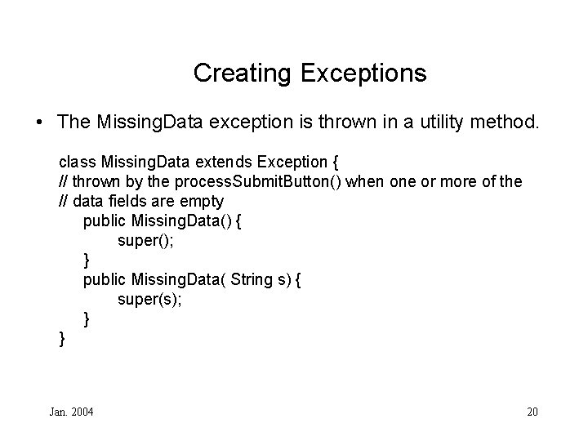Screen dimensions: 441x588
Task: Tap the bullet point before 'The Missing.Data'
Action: point(40,122)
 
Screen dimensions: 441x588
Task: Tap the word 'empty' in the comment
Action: point(203,201)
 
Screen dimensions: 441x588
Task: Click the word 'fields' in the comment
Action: point(129,201)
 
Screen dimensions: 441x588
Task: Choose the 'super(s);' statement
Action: point(149,299)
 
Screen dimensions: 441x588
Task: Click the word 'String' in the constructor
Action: point(252,279)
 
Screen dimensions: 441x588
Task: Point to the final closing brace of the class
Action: point(62,337)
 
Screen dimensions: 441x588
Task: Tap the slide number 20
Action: point(532,411)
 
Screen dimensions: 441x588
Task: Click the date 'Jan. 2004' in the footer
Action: point(72,411)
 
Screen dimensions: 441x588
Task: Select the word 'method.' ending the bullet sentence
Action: point(511,122)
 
